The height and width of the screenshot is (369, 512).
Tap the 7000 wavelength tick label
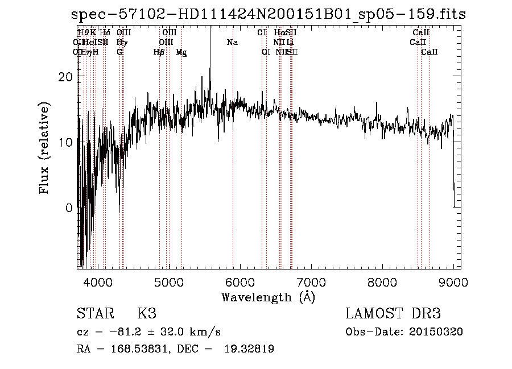click(x=311, y=281)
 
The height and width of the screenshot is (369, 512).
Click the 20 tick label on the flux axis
click(x=67, y=77)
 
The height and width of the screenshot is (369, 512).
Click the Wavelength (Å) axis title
click(x=268, y=297)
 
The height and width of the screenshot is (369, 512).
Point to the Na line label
click(x=232, y=43)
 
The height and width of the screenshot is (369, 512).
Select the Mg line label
click(x=181, y=52)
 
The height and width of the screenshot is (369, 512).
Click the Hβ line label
click(x=159, y=52)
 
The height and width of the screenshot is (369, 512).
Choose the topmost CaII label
click(x=422, y=33)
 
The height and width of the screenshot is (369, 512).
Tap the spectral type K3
click(x=147, y=314)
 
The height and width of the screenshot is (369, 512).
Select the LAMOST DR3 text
click(x=393, y=314)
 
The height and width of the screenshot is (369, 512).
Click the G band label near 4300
click(x=119, y=52)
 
